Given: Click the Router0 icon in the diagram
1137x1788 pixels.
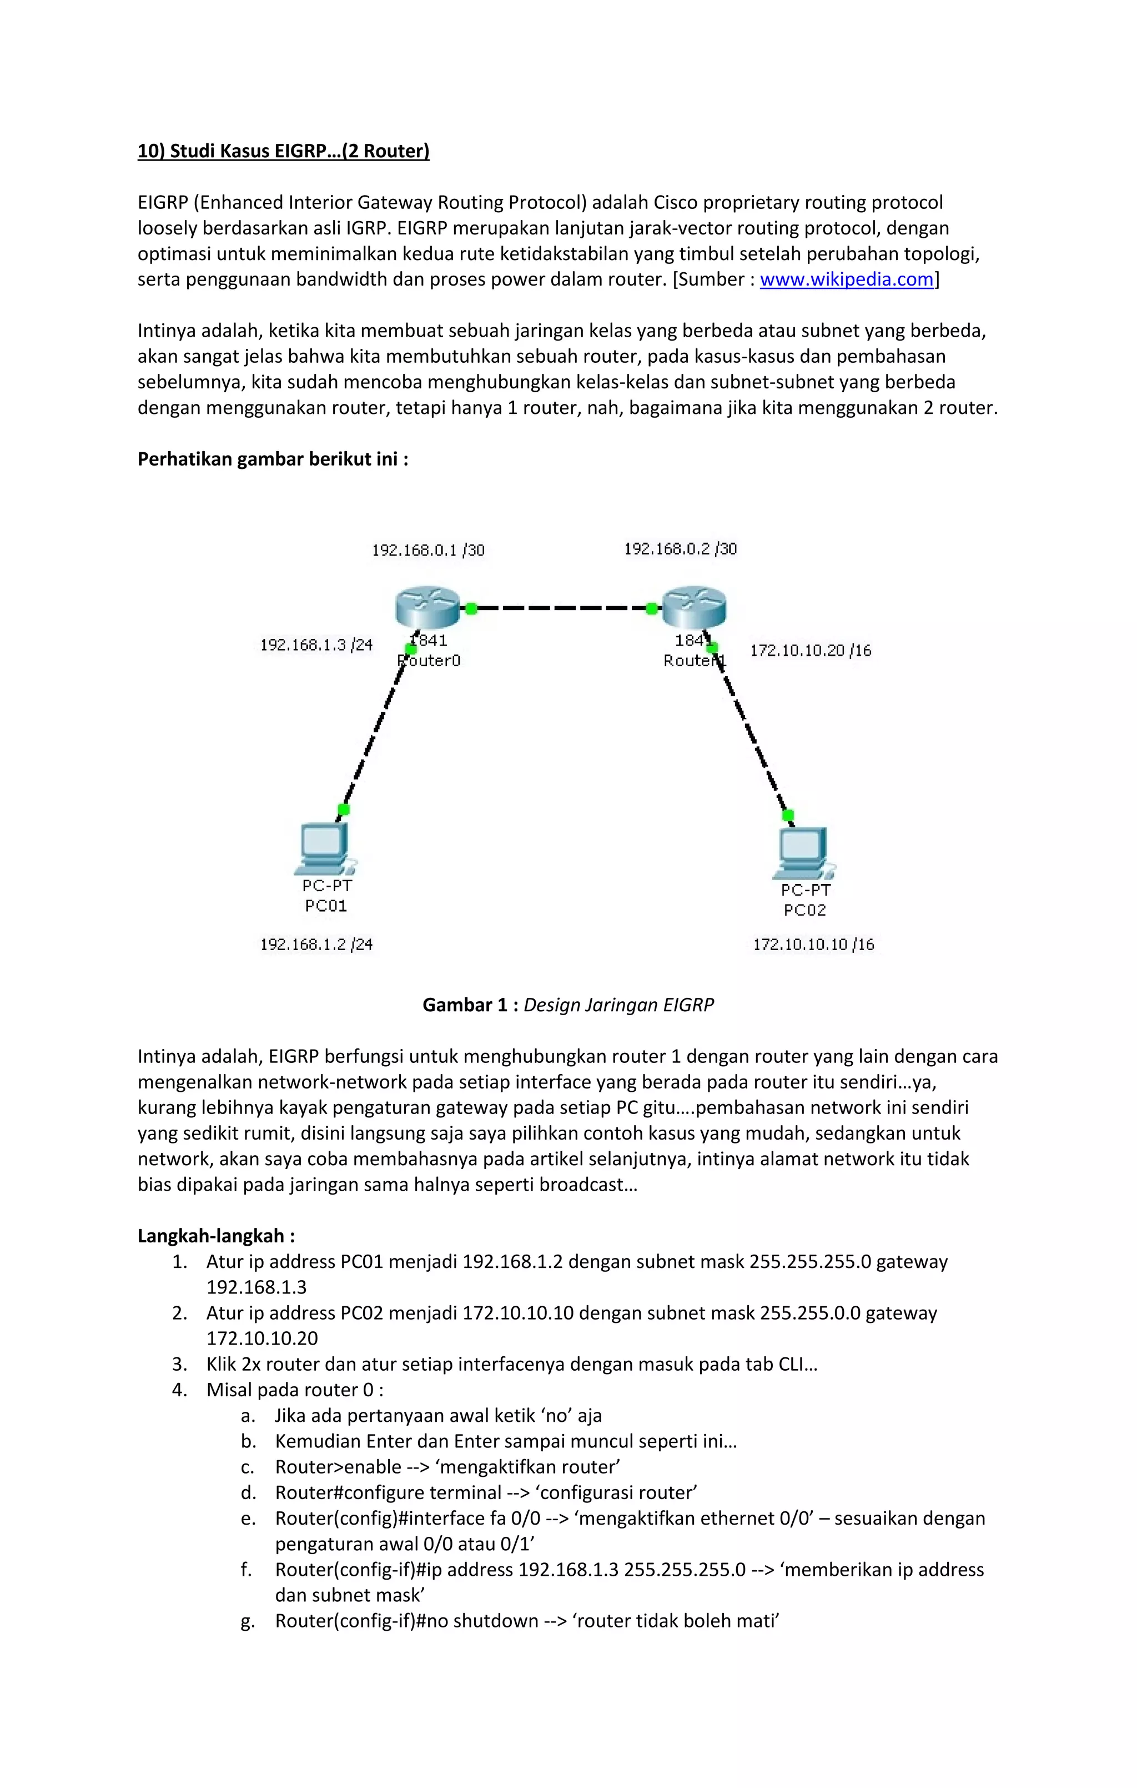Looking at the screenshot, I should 427,608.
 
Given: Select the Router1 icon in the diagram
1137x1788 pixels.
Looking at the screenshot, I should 693,608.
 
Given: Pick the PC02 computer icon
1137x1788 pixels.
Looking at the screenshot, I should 803,853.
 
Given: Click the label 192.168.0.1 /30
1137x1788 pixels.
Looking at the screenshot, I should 428,550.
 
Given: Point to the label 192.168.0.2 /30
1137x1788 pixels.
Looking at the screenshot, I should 680,549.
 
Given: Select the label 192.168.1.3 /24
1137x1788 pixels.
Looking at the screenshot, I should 316,645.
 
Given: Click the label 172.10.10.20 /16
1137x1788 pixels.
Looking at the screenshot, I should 811,651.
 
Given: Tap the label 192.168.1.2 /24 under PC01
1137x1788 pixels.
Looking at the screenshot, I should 316,945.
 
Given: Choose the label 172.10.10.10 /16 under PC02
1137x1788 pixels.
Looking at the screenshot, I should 813,945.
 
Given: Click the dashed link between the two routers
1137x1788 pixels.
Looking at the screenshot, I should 561,608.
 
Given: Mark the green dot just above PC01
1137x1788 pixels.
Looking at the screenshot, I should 343,810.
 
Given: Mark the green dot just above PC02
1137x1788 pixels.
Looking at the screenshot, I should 788,815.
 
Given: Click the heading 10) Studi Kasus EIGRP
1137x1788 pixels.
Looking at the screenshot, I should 284,151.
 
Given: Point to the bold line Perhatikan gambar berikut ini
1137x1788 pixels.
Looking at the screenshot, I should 273,459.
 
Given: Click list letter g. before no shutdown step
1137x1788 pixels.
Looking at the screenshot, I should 248,1621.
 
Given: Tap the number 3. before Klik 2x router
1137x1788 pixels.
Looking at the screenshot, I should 179,1364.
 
